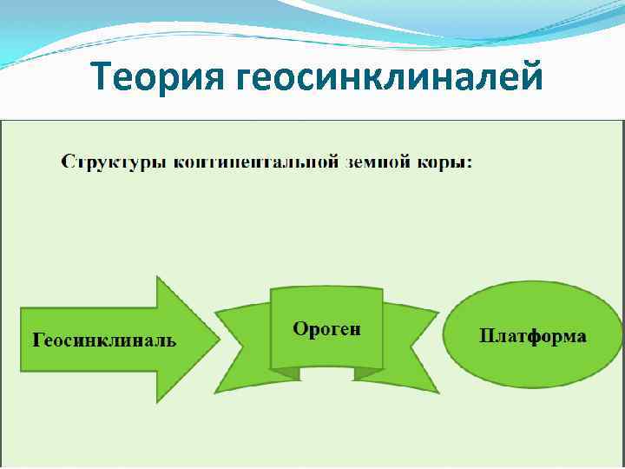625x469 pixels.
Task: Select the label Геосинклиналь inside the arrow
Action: [x=104, y=340]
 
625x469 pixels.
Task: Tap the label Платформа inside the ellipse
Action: [x=533, y=336]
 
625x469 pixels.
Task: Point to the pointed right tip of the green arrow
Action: [x=218, y=339]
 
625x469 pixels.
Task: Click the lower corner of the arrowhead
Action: [x=157, y=400]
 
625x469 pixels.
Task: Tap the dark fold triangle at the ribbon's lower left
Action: [x=284, y=373]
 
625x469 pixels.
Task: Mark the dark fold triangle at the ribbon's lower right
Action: [x=370, y=373]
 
